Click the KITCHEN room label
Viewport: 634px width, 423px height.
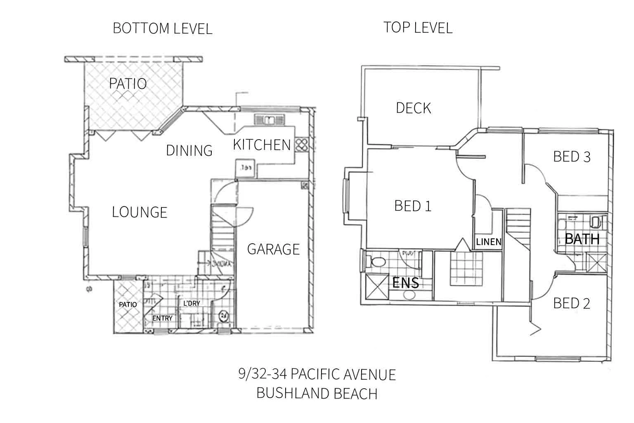(x=262, y=145)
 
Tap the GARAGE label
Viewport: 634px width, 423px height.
(x=273, y=249)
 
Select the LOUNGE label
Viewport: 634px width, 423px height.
(x=140, y=212)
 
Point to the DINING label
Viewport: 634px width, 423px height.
(x=189, y=151)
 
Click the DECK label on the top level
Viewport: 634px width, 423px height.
(x=413, y=108)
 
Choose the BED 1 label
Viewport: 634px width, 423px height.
(x=413, y=206)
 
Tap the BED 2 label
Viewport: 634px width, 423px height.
(x=571, y=304)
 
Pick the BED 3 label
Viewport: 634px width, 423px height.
(x=572, y=157)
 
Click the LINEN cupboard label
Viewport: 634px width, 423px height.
(x=489, y=242)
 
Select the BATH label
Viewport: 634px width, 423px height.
(x=582, y=239)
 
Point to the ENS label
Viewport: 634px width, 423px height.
(x=405, y=283)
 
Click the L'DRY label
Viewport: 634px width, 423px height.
(x=192, y=303)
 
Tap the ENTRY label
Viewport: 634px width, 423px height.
(x=162, y=318)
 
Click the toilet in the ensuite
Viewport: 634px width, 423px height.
(x=376, y=261)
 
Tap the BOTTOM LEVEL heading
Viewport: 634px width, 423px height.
(x=162, y=29)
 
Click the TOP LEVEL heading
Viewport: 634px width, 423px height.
(x=418, y=28)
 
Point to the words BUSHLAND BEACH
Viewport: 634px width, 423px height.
(x=317, y=393)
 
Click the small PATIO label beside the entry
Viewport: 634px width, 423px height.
(x=128, y=304)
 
